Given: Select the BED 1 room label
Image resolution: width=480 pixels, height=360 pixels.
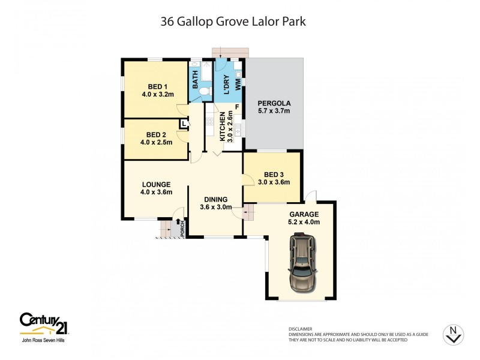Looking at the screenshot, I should point(157,86).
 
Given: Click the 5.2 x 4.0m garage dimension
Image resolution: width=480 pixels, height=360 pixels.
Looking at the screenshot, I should point(303,222).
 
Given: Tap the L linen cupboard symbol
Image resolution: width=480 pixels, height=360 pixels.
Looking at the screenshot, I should point(184,124).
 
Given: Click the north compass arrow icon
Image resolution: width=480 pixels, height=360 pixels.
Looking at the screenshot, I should point(453,335).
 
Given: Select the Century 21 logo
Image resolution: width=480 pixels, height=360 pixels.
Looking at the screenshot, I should point(44,323).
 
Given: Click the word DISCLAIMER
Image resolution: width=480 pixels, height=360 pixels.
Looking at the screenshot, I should point(300,329).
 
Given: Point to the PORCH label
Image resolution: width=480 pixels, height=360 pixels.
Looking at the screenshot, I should point(183,229).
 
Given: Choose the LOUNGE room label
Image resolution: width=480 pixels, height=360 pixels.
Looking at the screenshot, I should point(157,184).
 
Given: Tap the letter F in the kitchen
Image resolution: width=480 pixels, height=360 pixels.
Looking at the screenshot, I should point(237,107).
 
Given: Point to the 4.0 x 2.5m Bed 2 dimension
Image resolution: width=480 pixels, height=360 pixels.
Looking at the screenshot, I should point(157,142).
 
